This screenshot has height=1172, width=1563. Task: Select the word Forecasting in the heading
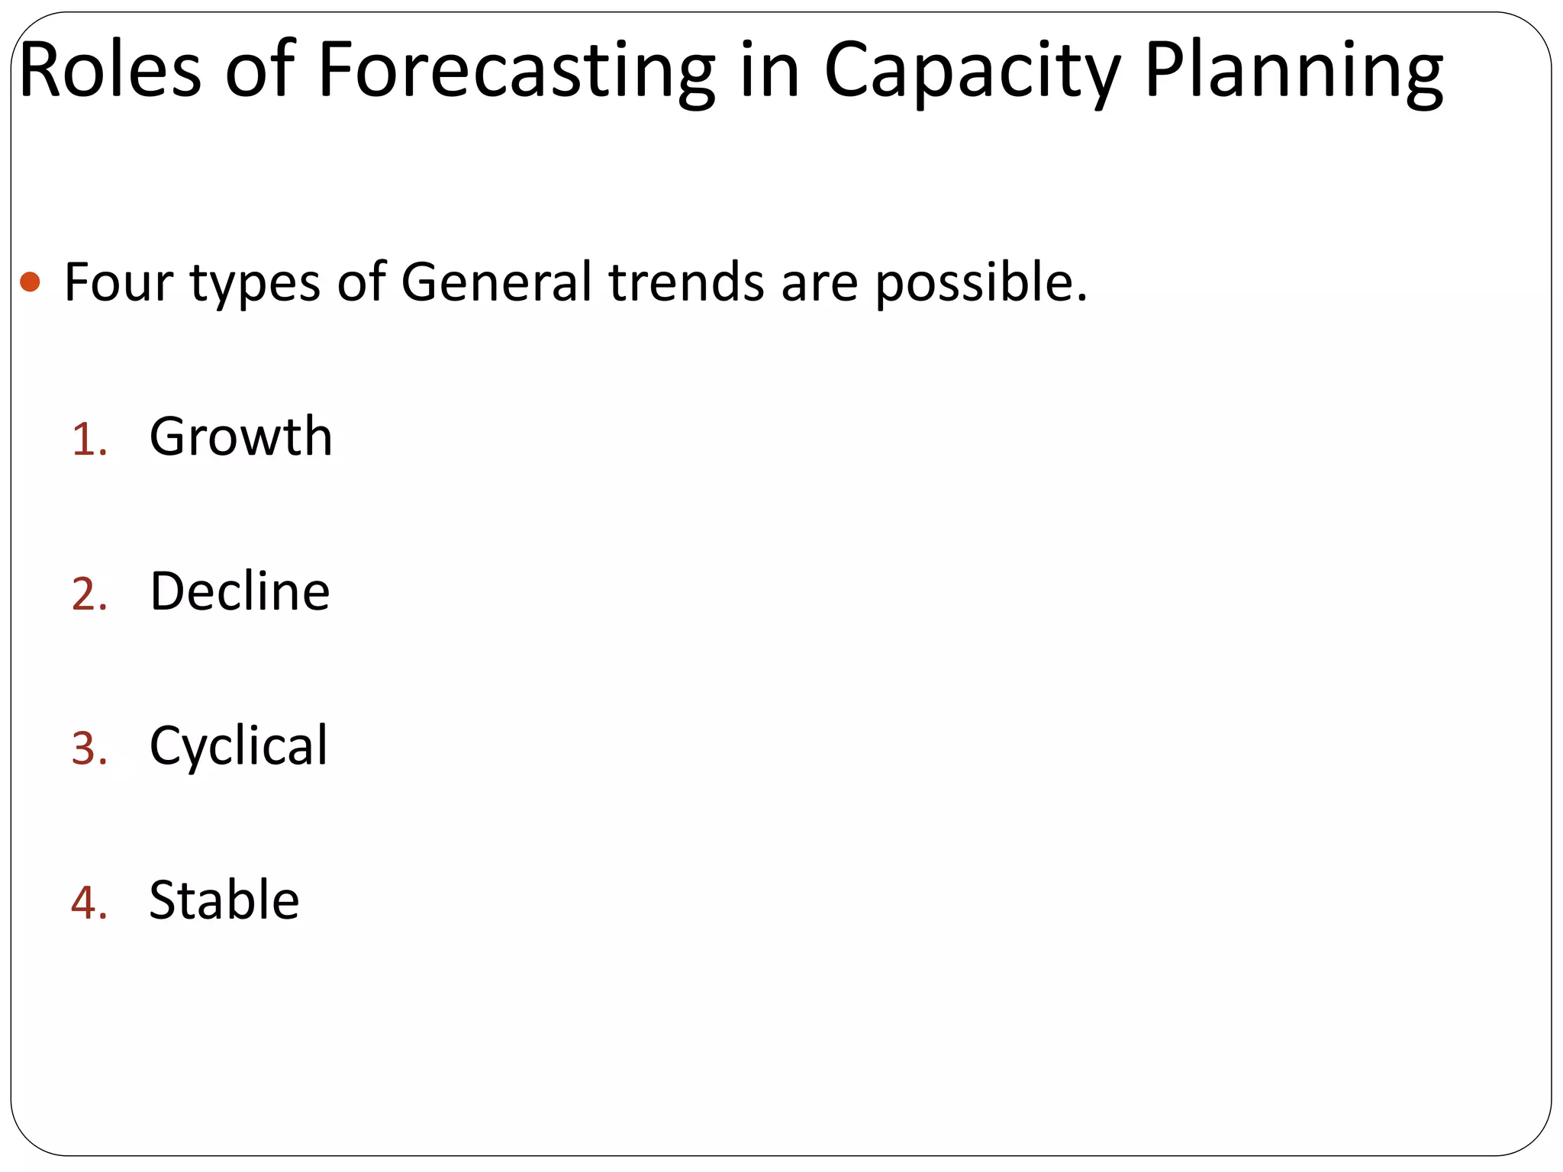pyautogui.click(x=516, y=70)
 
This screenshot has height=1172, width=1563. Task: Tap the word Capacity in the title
pyautogui.click(x=972, y=70)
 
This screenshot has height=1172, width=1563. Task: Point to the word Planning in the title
pyautogui.click(x=1293, y=70)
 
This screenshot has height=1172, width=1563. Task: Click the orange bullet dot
pyautogui.click(x=31, y=282)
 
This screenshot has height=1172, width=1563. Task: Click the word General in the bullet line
pyautogui.click(x=496, y=282)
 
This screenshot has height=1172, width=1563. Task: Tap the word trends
pyautogui.click(x=686, y=282)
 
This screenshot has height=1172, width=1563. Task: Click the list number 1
pyautogui.click(x=87, y=440)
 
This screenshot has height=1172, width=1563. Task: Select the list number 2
pyautogui.click(x=88, y=594)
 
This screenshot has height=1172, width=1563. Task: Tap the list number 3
pyautogui.click(x=88, y=749)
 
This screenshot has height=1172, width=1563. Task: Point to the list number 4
pyautogui.click(x=88, y=903)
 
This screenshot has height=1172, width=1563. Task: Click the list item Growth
pyautogui.click(x=240, y=437)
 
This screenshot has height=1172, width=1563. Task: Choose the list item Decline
pyautogui.click(x=240, y=591)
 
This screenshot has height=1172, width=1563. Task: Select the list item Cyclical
pyautogui.click(x=238, y=746)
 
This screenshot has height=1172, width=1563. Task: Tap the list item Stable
pyautogui.click(x=224, y=900)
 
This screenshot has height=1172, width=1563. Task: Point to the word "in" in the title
pyautogui.click(x=769, y=70)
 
